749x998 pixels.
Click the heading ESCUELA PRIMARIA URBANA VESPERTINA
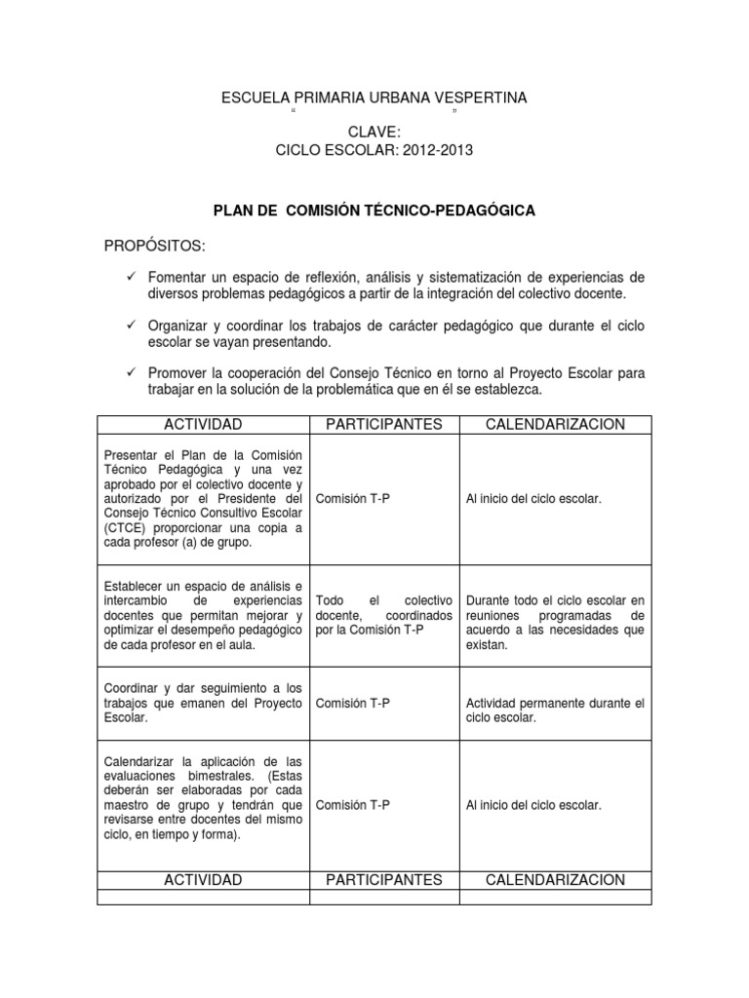click(374, 97)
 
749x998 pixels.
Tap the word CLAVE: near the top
click(374, 133)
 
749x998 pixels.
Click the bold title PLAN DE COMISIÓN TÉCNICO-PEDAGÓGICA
click(374, 211)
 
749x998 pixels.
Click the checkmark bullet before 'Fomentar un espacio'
click(132, 278)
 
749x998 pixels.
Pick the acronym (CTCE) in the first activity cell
click(124, 527)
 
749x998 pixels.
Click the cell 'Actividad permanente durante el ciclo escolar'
click(555, 710)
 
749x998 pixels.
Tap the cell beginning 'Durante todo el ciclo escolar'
click(555, 623)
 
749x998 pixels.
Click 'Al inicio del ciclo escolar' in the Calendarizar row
click(534, 805)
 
